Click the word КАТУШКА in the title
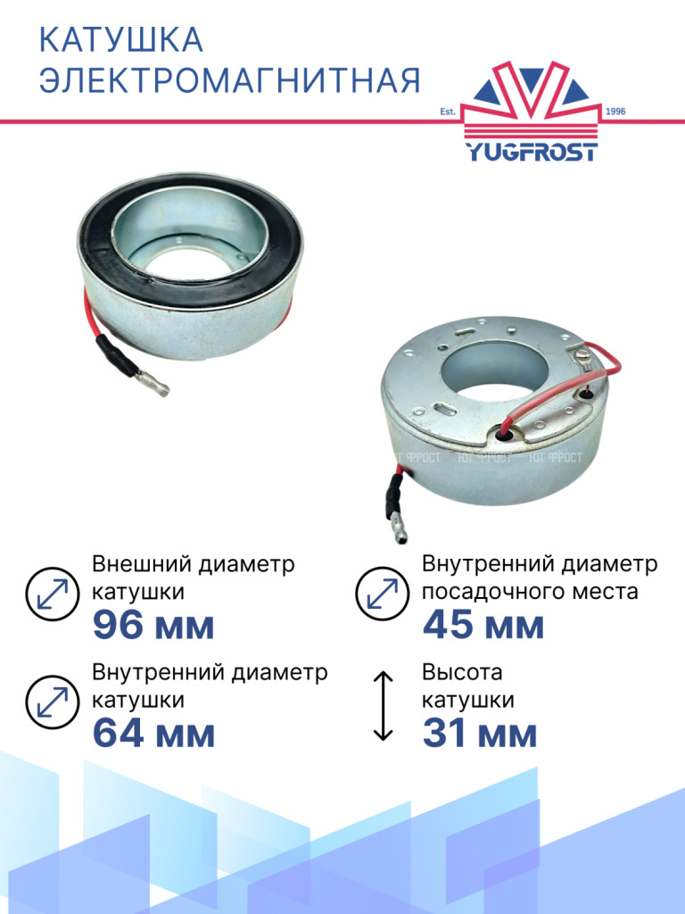[121, 39]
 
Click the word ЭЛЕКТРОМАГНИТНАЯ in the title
[229, 80]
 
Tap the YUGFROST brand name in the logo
[532, 152]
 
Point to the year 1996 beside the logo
[615, 112]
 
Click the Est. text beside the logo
[448, 112]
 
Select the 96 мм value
[153, 625]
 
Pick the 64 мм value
[153, 734]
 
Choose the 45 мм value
[483, 625]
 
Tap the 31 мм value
[480, 734]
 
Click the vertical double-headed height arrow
[383, 706]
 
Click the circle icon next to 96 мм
[53, 594]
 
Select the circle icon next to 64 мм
[53, 702]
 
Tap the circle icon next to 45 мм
[382, 594]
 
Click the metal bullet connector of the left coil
[153, 384]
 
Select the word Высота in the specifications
[462, 672]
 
